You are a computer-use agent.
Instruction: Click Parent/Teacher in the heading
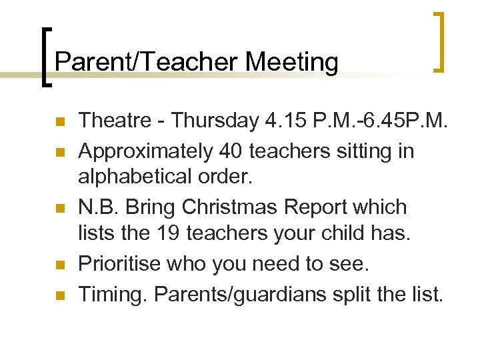click(x=147, y=62)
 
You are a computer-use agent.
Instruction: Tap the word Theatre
click(x=118, y=121)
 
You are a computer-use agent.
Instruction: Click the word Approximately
click(x=146, y=151)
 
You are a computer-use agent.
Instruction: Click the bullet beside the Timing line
click(x=59, y=295)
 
